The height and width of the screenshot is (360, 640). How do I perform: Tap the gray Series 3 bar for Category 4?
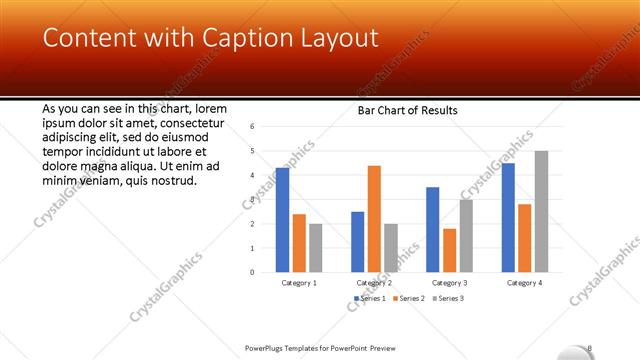541,211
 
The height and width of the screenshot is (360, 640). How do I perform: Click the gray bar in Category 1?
315,248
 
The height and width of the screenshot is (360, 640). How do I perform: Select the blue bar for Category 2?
358,242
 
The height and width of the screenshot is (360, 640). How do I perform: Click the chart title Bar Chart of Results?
408,110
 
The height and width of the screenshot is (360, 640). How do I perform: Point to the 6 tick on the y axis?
253,127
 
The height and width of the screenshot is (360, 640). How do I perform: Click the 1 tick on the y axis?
253,248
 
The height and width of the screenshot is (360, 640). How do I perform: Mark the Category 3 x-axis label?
450,283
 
